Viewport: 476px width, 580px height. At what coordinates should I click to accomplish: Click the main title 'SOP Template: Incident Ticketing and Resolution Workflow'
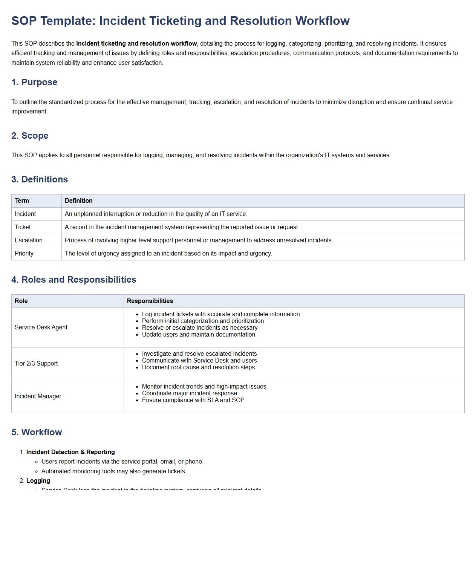[x=180, y=21]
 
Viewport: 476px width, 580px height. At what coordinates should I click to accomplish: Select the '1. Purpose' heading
[x=34, y=82]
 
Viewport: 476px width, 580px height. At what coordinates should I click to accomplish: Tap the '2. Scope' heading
[x=30, y=136]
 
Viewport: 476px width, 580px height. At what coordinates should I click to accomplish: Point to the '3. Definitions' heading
[x=40, y=179]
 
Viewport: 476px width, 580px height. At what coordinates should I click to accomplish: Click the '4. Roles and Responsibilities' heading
[x=73, y=280]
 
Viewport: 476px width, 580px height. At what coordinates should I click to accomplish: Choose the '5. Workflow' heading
[x=37, y=432]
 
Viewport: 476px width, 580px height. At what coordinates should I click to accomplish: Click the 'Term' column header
[x=22, y=201]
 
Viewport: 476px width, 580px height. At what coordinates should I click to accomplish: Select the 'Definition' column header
[x=78, y=201]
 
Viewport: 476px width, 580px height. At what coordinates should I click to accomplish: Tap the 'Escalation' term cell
[x=29, y=240]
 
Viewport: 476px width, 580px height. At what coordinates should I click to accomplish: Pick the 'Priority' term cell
[x=24, y=254]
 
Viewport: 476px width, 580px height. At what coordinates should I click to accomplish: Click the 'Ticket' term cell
[x=23, y=227]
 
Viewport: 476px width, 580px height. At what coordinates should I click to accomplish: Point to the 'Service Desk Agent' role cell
[x=41, y=327]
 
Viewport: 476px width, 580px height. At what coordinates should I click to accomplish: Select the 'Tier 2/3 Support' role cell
[x=36, y=364]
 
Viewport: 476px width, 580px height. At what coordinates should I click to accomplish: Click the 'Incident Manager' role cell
[x=38, y=396]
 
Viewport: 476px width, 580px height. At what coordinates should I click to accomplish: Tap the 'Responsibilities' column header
[x=150, y=301]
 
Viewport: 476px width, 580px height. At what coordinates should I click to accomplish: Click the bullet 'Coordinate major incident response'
[x=189, y=393]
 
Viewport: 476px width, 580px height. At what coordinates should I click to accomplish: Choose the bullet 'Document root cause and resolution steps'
[x=198, y=367]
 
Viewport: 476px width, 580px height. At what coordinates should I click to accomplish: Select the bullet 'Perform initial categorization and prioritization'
[x=203, y=321]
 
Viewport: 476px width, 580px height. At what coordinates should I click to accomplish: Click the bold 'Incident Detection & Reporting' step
[x=70, y=452]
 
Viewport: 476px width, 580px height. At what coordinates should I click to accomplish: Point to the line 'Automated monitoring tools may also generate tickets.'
[x=114, y=471]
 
